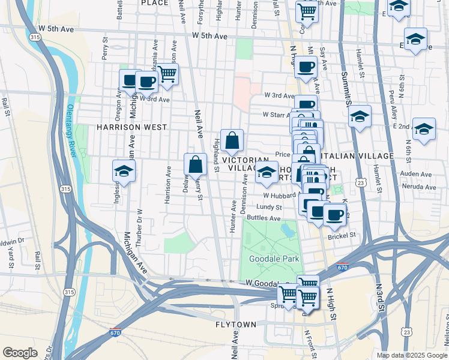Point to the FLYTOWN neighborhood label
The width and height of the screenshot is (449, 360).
pyautogui.click(x=236, y=325)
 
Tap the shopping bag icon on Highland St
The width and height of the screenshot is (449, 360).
pyautogui.click(x=232, y=142)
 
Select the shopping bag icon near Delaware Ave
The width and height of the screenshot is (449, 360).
pyautogui.click(x=195, y=164)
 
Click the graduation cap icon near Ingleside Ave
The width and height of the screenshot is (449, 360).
pyautogui.click(x=124, y=172)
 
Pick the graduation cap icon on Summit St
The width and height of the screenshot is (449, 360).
pyautogui.click(x=360, y=116)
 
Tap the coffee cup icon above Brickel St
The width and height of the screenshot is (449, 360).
pyautogui.click(x=334, y=214)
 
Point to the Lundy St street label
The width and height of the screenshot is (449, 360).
pyautogui.click(x=269, y=206)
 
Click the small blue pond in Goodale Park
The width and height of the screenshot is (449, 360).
pyautogui.click(x=287, y=229)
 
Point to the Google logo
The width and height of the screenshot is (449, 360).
pyautogui.click(x=20, y=353)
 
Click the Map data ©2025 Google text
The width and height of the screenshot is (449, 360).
pyautogui.click(x=412, y=355)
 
